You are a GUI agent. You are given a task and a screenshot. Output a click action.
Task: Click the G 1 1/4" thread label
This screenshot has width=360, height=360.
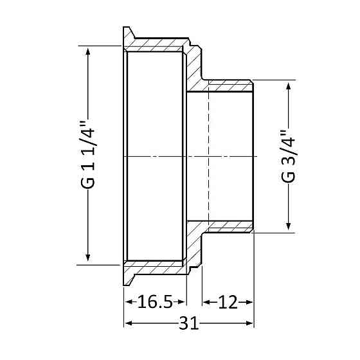87,154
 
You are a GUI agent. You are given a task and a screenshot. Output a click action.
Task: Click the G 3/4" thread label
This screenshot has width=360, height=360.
288,156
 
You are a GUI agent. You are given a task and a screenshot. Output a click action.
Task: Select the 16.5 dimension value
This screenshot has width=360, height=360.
155,301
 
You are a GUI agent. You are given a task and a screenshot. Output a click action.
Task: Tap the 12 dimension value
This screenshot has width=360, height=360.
228,301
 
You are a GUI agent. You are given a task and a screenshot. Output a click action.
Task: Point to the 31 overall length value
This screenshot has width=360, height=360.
189,323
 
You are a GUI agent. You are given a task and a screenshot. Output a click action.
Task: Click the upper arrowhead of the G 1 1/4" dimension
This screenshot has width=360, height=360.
87,51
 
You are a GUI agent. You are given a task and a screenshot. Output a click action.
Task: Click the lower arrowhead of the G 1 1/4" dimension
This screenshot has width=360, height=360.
87,257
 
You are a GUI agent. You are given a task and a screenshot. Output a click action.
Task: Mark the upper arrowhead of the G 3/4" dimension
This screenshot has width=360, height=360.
289,87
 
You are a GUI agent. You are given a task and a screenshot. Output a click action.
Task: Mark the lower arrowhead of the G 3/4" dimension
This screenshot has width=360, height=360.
289,226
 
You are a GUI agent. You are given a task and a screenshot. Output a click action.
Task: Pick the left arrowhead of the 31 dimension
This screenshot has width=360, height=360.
129,323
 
